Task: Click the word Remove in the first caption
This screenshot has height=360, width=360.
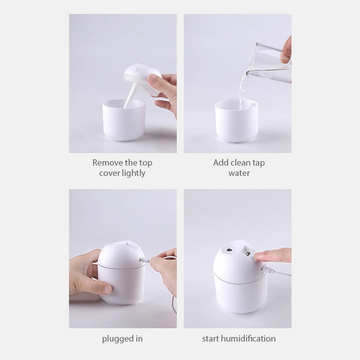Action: pyautogui.click(x=107, y=162)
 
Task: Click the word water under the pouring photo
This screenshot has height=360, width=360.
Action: pyautogui.click(x=239, y=173)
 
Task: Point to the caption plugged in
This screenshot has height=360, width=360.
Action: pyautogui.click(x=122, y=338)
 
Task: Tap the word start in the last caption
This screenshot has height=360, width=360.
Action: pyautogui.click(x=211, y=338)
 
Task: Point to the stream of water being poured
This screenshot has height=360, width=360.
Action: pyautogui.click(x=243, y=90)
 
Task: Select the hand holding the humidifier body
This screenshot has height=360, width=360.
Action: pyautogui.click(x=83, y=274)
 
